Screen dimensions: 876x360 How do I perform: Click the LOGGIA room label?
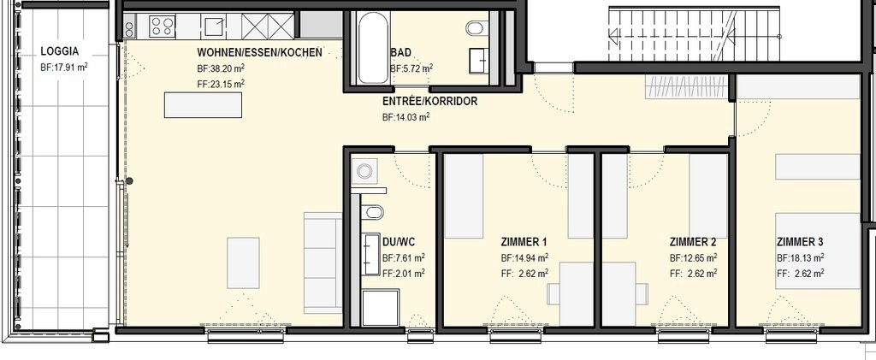click(x=60, y=51)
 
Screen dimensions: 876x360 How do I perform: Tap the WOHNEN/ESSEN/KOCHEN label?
click(x=260, y=52)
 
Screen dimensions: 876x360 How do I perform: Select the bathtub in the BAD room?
click(x=373, y=47)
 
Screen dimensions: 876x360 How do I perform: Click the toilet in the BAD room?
click(x=476, y=27)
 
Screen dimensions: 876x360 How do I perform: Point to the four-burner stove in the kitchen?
click(x=163, y=26)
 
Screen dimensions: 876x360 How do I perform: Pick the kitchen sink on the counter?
click(x=213, y=27)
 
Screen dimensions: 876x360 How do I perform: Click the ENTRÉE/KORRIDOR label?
click(x=429, y=102)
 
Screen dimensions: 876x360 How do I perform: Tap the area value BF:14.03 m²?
click(x=405, y=117)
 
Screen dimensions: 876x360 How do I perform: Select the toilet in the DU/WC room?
click(x=372, y=212)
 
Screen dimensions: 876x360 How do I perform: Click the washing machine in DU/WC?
click(x=364, y=171)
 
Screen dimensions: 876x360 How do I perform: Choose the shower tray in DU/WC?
click(x=381, y=308)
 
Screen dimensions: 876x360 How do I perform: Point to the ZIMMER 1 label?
click(x=524, y=242)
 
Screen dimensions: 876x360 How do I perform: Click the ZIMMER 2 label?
click(x=693, y=242)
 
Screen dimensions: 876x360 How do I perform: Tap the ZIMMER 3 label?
click(x=800, y=242)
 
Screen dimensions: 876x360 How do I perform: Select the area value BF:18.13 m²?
click(x=800, y=258)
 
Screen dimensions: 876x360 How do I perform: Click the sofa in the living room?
click(x=323, y=263)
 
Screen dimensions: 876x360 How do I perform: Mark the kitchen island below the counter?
click(x=203, y=105)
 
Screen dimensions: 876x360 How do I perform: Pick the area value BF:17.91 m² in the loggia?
click(x=63, y=68)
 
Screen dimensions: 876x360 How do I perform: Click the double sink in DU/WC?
click(x=371, y=255)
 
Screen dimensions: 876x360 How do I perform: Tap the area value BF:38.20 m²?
click(x=221, y=68)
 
